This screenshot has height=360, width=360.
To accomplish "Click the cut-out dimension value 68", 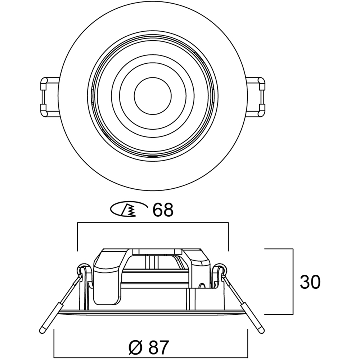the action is [x=163, y=210].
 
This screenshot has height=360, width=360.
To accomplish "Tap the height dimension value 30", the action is [x=310, y=282].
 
